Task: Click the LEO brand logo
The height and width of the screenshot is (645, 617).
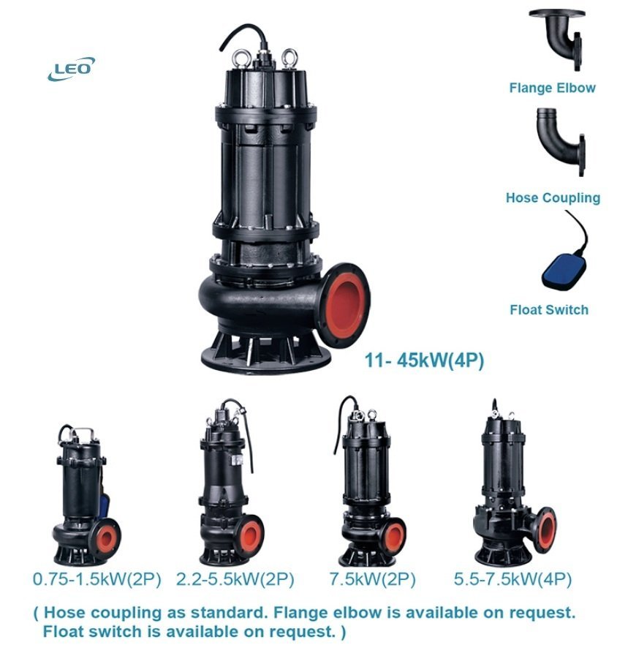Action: [x=70, y=69]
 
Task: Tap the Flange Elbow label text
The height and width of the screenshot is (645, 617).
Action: [x=552, y=88]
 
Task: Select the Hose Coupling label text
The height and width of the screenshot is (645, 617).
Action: [x=553, y=197]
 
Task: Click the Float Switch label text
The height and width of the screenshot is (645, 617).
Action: [x=548, y=309]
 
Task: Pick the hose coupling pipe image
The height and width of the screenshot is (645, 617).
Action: [x=559, y=143]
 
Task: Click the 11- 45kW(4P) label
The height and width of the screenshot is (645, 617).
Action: [x=424, y=360]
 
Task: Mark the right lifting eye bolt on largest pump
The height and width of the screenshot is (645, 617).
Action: [x=291, y=57]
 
